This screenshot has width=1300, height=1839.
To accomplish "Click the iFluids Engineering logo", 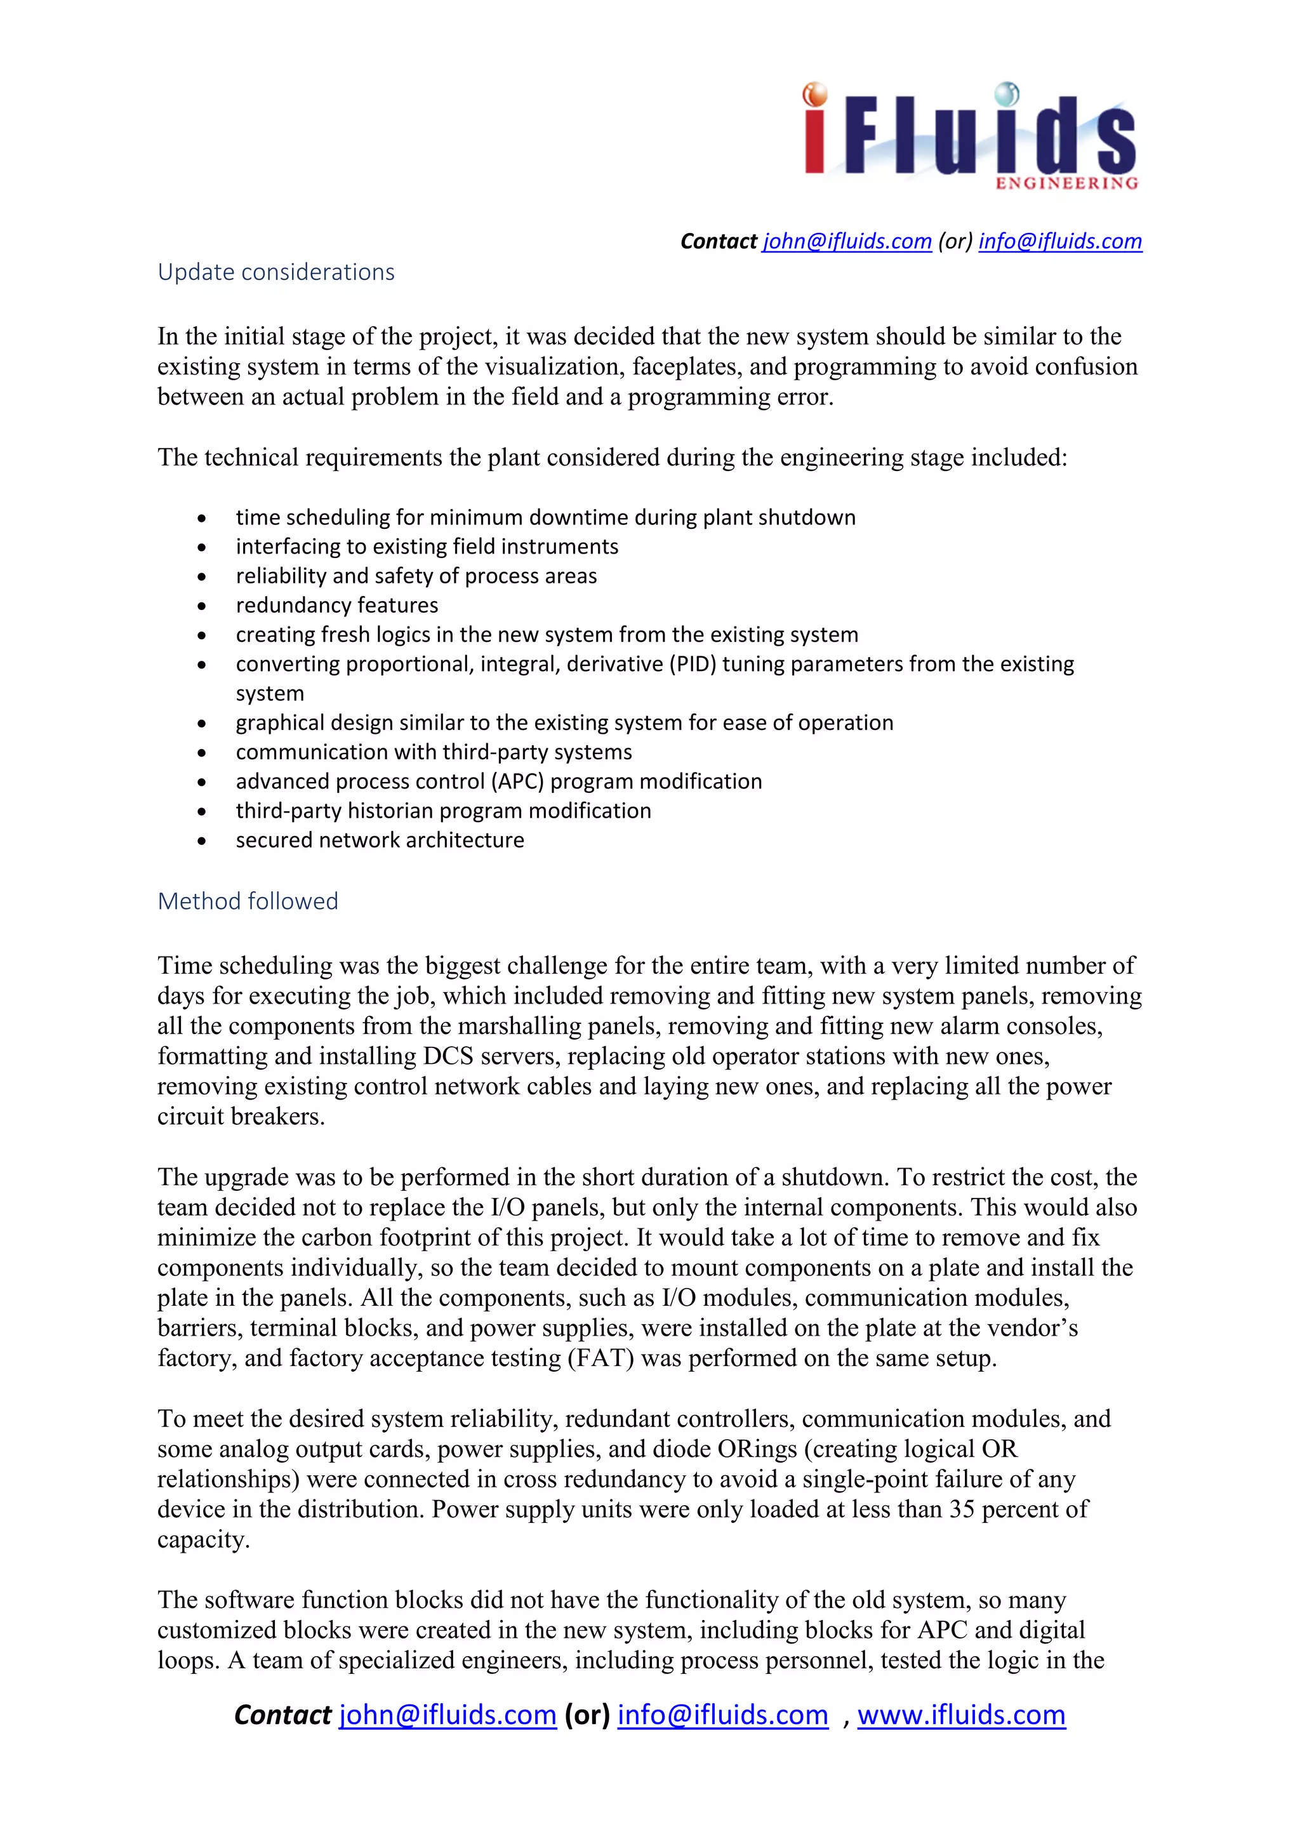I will tap(970, 136).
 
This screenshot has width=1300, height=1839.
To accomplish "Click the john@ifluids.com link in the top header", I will tap(847, 241).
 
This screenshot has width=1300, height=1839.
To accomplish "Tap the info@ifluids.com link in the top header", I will tap(1059, 241).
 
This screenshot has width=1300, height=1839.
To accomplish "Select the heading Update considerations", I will tap(275, 272).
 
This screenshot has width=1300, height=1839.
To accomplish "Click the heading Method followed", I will tap(248, 901).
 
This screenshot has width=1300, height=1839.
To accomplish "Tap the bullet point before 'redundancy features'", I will tap(202, 606).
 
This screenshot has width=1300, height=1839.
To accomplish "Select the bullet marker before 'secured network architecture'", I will tap(202, 841).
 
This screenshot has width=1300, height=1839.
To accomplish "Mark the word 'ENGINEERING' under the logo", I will tap(1066, 183).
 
